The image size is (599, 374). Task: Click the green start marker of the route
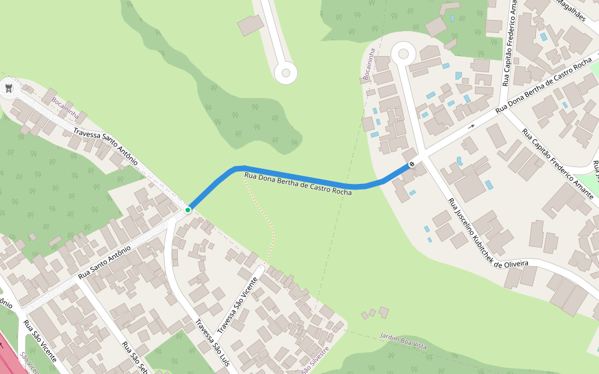coord(187,210)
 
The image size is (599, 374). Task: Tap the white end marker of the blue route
coord(411,165)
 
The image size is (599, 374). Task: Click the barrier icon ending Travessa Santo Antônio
coord(9,88)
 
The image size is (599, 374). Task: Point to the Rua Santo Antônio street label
coord(104,262)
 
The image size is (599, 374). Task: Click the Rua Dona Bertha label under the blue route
coord(298,184)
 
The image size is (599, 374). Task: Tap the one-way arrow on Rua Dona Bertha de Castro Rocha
coord(471,126)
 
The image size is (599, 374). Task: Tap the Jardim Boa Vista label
coord(403,341)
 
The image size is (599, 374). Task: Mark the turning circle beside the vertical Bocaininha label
coord(402,54)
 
